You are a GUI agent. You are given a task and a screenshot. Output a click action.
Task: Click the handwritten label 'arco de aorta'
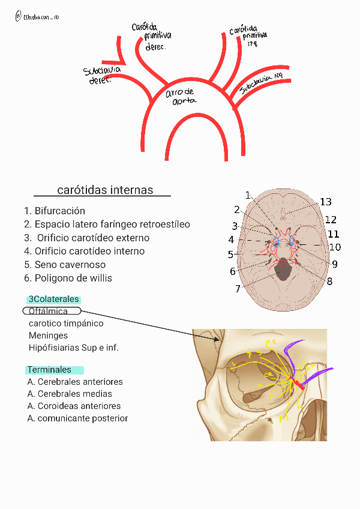click(x=181, y=96)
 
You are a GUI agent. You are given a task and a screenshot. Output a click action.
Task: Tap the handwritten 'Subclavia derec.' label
click(x=102, y=75)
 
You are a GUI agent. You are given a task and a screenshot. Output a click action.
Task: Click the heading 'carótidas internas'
click(x=105, y=190)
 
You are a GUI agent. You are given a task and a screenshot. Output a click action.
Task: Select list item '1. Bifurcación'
click(x=55, y=211)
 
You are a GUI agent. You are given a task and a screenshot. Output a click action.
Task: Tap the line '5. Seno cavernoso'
click(x=65, y=265)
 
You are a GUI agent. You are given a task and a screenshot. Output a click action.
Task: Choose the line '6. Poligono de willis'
click(x=68, y=278)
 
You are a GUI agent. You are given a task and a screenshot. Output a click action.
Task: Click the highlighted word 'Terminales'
click(x=49, y=370)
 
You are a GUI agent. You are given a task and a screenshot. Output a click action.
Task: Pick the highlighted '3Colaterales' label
click(x=53, y=300)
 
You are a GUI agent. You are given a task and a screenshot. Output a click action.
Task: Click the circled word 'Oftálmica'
click(x=51, y=311)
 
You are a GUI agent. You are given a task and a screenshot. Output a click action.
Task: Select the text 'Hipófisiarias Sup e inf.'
click(x=73, y=348)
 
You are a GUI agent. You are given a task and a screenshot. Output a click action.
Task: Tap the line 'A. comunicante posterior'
click(x=77, y=418)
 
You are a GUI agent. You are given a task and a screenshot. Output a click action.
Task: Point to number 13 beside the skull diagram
click(x=325, y=202)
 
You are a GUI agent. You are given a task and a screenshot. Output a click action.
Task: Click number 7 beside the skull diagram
click(x=238, y=289)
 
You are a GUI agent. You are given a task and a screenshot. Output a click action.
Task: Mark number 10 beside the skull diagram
click(x=335, y=247)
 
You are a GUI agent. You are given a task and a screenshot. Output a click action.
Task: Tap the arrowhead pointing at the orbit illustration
click(x=218, y=340)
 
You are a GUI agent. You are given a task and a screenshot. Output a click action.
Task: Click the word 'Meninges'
click(x=48, y=336)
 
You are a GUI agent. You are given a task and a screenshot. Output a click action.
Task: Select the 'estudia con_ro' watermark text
click(x=41, y=18)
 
